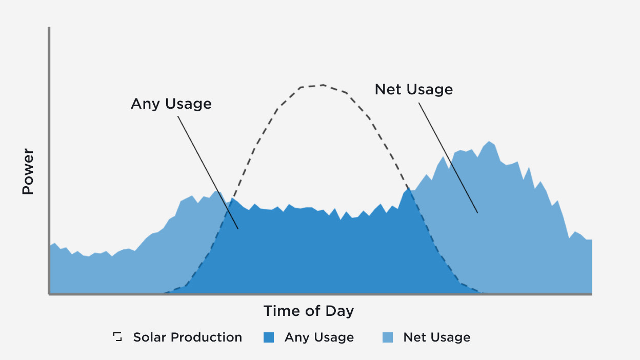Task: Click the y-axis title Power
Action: point(28,172)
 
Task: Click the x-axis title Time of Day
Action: point(309,311)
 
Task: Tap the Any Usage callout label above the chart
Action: point(171,104)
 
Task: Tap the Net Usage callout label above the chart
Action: point(413,89)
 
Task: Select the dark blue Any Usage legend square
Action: point(269,337)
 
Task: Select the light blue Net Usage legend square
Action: point(388,337)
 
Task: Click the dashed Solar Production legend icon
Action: point(118,337)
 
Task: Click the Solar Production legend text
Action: point(187,337)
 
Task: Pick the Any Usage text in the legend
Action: point(319,337)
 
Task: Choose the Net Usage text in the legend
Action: point(436,337)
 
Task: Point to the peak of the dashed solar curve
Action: point(323,85)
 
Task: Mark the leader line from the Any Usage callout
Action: point(208,172)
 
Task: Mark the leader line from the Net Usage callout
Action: point(448,157)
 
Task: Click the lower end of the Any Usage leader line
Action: point(238,228)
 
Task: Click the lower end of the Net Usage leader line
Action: point(477,212)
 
